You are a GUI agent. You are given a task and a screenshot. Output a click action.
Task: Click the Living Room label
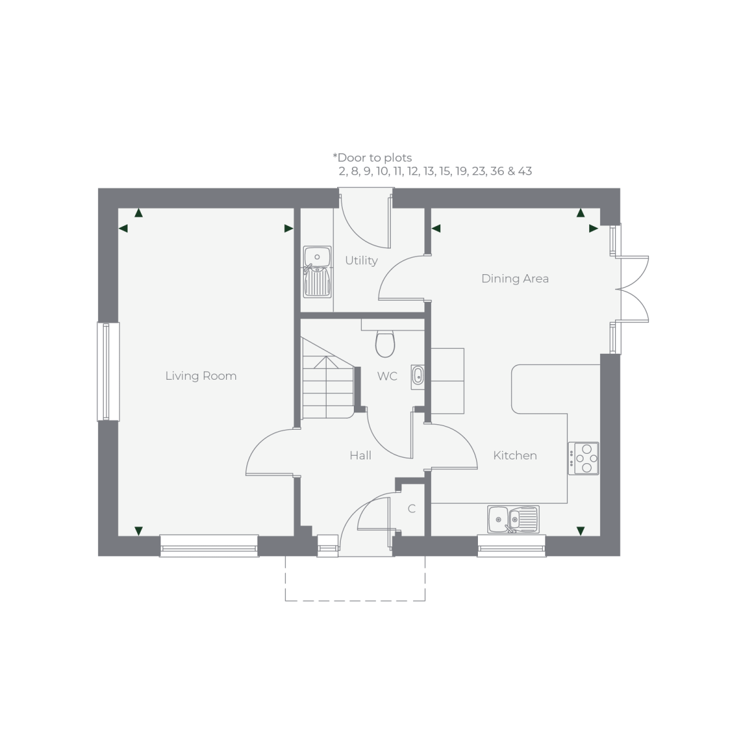201,375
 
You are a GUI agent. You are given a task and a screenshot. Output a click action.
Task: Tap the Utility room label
361,261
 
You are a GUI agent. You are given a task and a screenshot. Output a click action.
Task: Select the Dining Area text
515,278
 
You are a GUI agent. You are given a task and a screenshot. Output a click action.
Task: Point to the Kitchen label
515,455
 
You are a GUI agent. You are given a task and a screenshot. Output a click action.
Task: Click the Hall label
360,455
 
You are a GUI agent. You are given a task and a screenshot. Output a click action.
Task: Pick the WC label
387,376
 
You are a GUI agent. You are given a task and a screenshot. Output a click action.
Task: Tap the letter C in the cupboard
411,509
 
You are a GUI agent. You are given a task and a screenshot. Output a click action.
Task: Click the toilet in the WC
385,343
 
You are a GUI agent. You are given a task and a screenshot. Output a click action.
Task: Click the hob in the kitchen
584,458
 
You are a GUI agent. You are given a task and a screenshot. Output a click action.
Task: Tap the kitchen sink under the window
513,519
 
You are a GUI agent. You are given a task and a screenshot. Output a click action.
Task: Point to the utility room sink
317,272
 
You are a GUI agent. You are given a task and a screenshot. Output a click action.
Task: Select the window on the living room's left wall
108,372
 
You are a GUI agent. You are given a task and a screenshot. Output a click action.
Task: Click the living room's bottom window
209,546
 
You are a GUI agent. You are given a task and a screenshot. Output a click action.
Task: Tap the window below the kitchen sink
511,546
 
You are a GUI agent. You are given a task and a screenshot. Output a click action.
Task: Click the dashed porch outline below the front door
355,600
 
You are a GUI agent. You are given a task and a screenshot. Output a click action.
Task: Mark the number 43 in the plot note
525,171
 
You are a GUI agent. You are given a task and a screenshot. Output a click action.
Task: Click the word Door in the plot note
352,157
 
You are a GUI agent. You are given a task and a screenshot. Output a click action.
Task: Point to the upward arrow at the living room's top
139,213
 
